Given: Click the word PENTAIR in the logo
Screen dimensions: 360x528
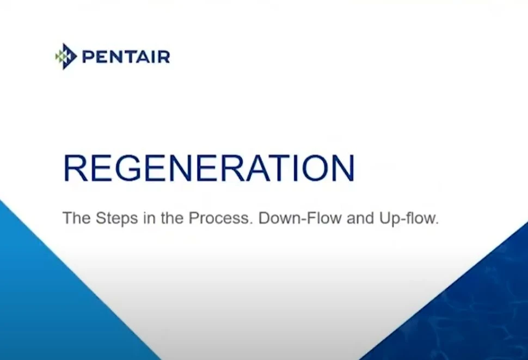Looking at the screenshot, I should coord(126,57).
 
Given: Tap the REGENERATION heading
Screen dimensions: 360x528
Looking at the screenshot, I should coord(209,168).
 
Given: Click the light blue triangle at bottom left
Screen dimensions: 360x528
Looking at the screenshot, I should coord(44,305).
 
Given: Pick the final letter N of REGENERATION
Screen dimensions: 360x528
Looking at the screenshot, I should coord(341,168).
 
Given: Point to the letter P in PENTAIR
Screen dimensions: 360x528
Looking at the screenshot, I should coord(87,57).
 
